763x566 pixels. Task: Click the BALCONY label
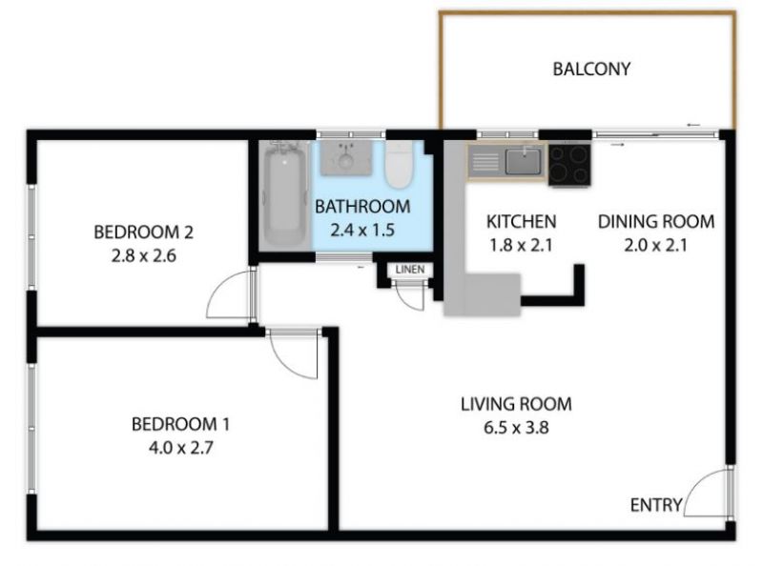click(591, 69)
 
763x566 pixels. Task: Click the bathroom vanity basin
click(346, 157)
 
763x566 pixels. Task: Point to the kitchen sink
click(523, 161)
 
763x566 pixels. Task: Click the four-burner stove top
click(569, 164)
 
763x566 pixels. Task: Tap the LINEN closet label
click(410, 270)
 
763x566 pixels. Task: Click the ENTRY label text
click(656, 505)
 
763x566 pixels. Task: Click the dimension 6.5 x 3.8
click(516, 428)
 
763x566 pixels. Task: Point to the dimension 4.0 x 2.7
click(181, 447)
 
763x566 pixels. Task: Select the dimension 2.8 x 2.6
click(144, 255)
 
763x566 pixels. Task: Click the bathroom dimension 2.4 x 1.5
click(362, 230)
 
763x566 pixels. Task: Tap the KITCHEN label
click(521, 222)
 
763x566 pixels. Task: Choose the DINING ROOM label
click(656, 222)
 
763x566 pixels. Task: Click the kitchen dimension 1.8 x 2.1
click(521, 245)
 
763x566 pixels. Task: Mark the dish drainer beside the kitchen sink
click(486, 162)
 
